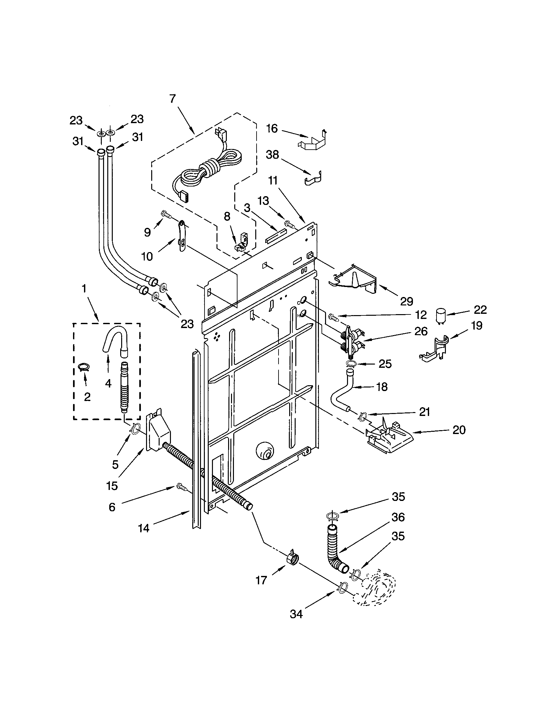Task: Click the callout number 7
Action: (172, 99)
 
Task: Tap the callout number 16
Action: (272, 129)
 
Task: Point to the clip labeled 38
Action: (313, 178)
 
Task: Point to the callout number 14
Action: (143, 528)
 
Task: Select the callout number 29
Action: (406, 302)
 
